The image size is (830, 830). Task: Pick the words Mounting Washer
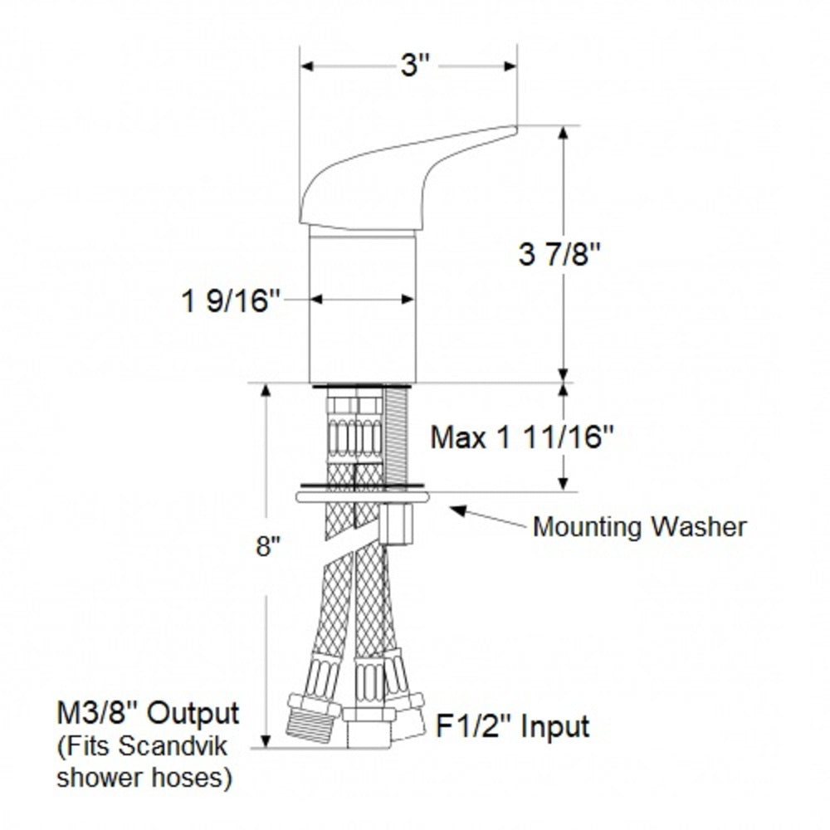click(639, 526)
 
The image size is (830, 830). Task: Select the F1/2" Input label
click(512, 726)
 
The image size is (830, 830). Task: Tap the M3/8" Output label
click(147, 713)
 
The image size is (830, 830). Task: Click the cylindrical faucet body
click(362, 307)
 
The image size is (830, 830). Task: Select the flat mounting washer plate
click(362, 497)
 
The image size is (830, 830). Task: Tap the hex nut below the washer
click(400, 523)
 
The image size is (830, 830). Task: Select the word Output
click(200, 713)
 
